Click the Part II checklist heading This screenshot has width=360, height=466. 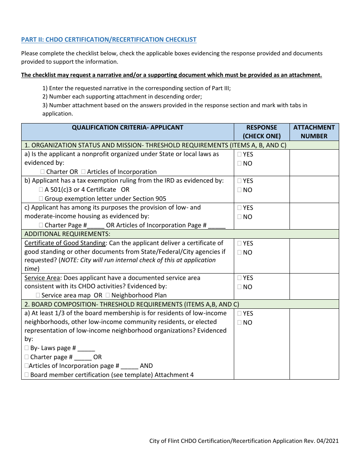tap(109, 39)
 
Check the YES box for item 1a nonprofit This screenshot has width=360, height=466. tap(239, 154)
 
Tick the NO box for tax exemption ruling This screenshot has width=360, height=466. tap(239, 190)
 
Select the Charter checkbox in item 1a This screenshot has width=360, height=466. tap(42, 172)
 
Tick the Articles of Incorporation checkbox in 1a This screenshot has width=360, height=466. tap(83, 172)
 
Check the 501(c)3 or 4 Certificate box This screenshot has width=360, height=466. tap(41, 189)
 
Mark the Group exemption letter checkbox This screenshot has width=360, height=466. tap(41, 199)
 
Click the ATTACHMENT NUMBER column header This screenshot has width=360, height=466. tap(314, 132)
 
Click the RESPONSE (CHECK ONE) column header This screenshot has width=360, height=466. tap(261, 132)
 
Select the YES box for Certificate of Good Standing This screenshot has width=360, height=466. tap(239, 243)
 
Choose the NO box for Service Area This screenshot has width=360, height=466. tap(239, 287)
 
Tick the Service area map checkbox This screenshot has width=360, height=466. tap(38, 295)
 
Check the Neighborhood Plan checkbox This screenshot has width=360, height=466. tap(108, 295)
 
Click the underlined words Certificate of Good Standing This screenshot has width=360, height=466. tap(65, 243)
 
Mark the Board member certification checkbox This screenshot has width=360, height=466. tap(27, 375)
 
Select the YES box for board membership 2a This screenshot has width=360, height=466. tap(239, 313)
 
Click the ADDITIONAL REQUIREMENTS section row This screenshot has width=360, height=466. tap(67, 234)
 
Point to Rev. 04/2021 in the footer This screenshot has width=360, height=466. tap(325, 441)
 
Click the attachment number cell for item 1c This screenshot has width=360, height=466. tap(314, 216)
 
